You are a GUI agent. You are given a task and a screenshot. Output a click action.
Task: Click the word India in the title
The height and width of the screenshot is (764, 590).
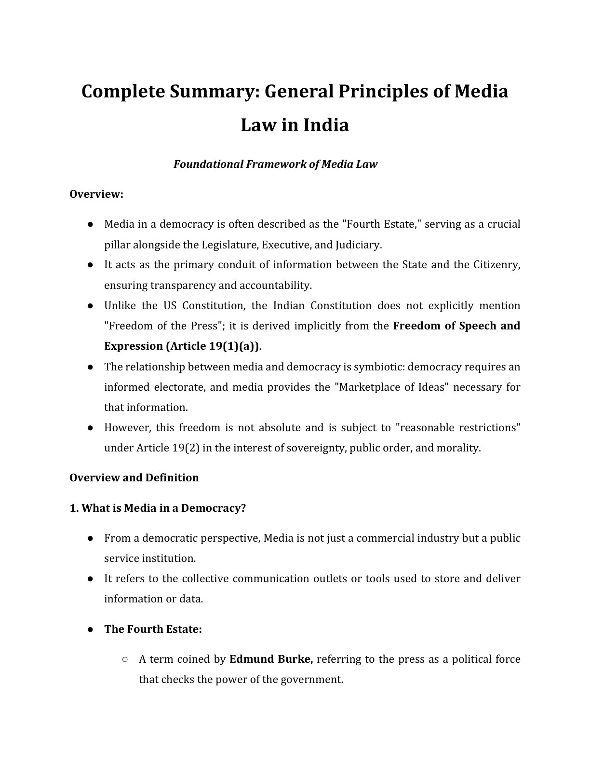click(x=326, y=125)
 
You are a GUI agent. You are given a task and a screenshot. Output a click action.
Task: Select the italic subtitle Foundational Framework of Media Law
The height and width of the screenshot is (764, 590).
click(x=275, y=164)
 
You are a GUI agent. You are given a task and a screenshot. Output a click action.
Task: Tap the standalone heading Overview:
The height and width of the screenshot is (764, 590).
click(x=96, y=194)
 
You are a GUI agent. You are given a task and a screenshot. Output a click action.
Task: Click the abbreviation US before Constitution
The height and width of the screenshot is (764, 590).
click(x=170, y=306)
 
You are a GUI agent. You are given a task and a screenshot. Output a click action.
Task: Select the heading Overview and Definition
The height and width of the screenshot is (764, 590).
click(x=134, y=477)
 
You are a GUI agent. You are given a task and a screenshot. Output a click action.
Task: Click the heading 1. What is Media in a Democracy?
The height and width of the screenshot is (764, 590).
click(x=158, y=508)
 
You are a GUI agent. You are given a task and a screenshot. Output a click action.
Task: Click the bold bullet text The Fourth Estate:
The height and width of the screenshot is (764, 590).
click(x=153, y=629)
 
